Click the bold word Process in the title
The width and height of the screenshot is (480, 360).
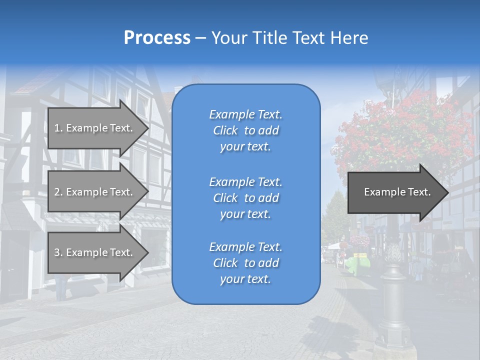click(x=157, y=38)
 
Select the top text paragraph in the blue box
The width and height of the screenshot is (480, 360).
click(x=245, y=130)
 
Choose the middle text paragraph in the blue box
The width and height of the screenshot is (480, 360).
click(x=245, y=198)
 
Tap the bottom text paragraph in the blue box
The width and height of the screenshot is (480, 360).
click(x=245, y=263)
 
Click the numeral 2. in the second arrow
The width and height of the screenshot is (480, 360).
click(x=58, y=192)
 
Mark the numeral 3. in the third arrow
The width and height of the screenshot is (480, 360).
click(x=58, y=252)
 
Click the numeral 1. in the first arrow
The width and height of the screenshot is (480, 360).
click(x=58, y=128)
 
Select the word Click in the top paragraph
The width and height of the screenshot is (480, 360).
click(x=225, y=130)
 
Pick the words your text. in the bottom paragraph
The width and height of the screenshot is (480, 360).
click(x=245, y=279)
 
